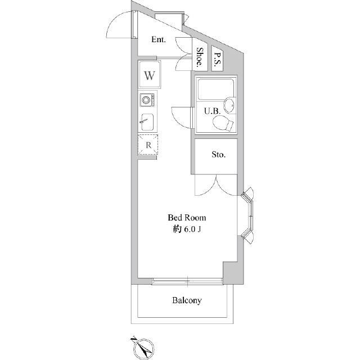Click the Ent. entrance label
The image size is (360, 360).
click(x=159, y=40)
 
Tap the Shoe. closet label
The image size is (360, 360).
click(x=200, y=58)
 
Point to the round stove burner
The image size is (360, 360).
click(x=147, y=100)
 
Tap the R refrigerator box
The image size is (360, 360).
click(x=148, y=145)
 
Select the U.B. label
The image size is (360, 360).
click(x=211, y=111)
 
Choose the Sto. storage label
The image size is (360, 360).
click(x=218, y=155)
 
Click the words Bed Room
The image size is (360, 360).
click(x=187, y=217)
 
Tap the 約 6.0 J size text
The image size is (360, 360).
click(x=187, y=229)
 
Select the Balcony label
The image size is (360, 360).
click(x=187, y=300)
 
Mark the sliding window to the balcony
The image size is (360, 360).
click(x=186, y=280)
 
